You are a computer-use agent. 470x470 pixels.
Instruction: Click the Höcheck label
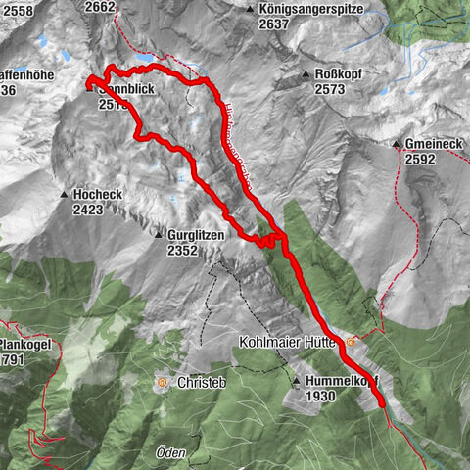(97, 194)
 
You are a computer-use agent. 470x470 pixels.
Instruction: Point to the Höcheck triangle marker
(64, 194)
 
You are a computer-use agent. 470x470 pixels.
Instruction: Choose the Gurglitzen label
(197, 235)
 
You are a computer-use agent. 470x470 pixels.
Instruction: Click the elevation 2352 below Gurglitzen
(183, 251)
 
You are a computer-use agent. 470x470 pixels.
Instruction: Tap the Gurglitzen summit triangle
(157, 235)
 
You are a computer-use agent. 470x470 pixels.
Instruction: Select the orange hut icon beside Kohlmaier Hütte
(350, 343)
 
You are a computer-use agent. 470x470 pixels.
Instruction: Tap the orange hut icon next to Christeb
(162, 381)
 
